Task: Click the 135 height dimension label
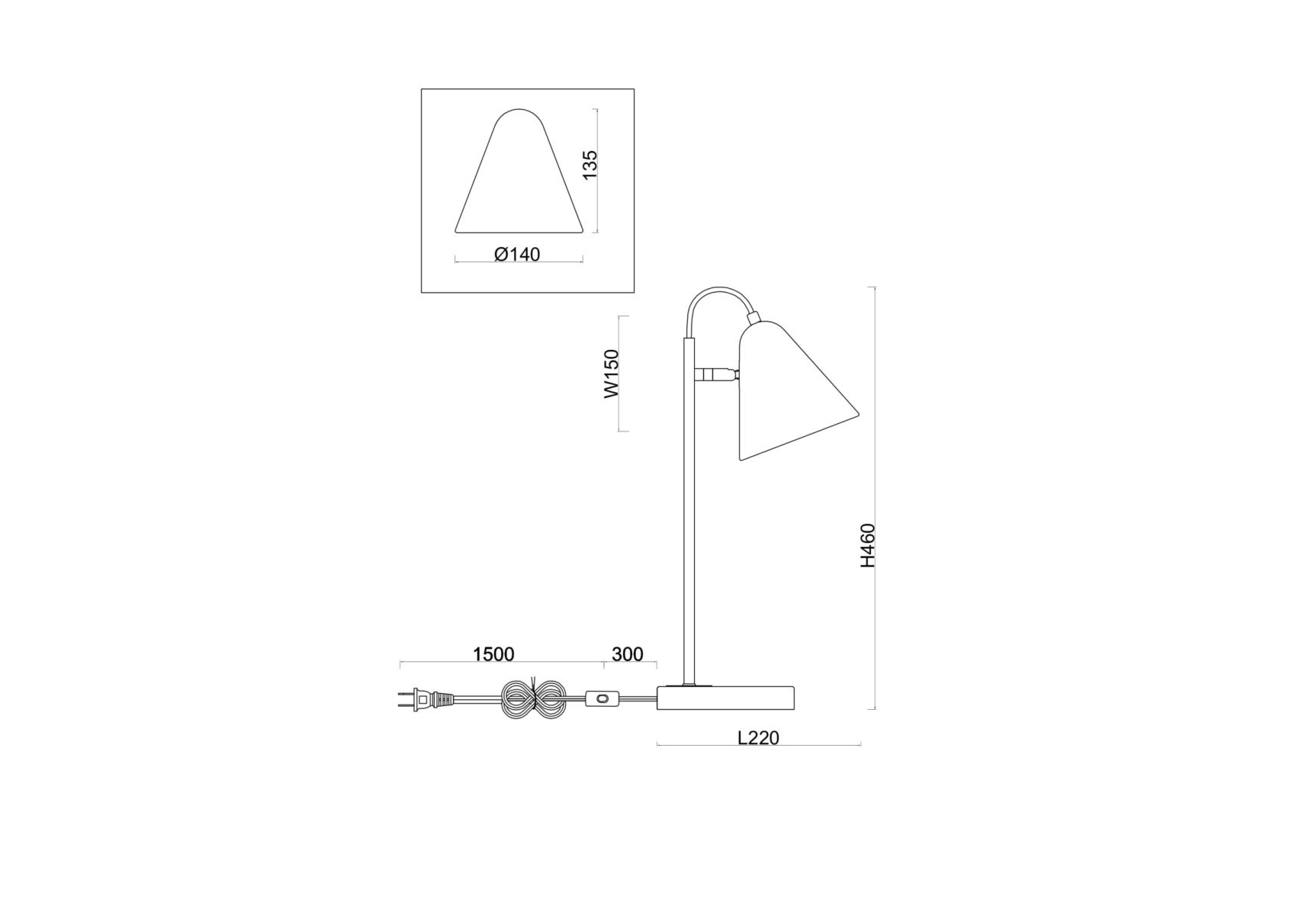[590, 165]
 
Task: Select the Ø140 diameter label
[517, 254]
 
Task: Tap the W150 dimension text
[612, 374]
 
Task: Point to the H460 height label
[868, 545]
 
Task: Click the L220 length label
[758, 737]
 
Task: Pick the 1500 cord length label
[493, 654]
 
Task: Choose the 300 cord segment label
[628, 654]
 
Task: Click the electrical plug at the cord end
[426, 698]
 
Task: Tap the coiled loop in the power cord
[533, 698]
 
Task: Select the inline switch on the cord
[603, 698]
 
